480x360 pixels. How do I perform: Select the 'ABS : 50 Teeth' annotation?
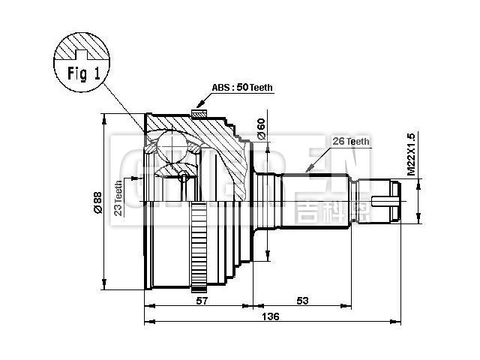pos(242,88)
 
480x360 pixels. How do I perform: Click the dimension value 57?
pos(201,301)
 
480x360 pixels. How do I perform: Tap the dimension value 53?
pos(302,301)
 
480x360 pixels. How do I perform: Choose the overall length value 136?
pos(271,318)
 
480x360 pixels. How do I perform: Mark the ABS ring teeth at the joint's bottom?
pos(199,247)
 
